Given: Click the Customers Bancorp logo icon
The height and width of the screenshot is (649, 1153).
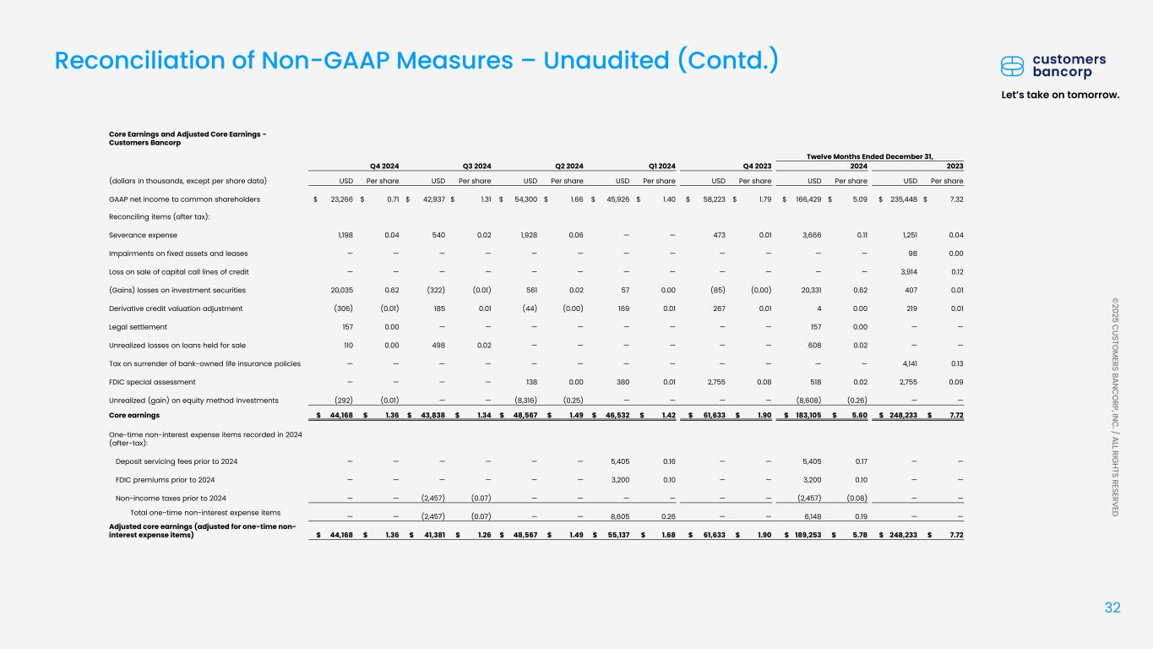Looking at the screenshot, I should (1014, 66).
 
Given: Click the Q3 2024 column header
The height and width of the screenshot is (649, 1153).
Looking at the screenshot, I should (477, 166).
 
